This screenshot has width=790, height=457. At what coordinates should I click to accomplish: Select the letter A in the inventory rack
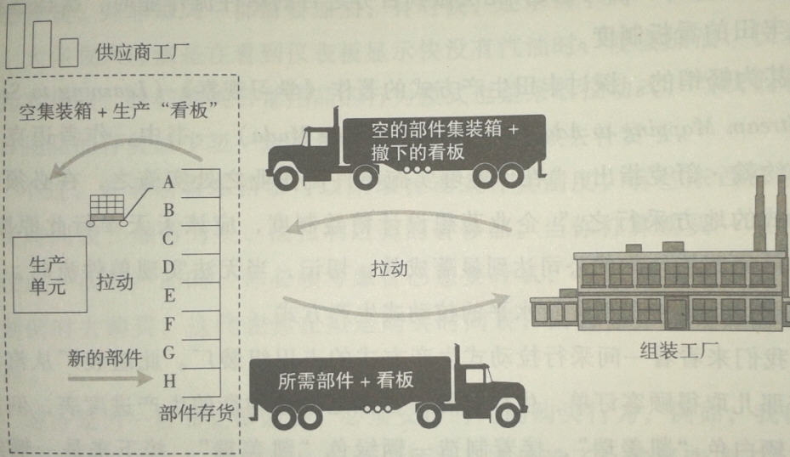pyautogui.click(x=168, y=181)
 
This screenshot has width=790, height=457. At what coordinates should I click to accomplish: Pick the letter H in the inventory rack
pyautogui.click(x=168, y=381)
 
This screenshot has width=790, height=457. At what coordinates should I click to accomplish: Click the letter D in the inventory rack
pyautogui.click(x=168, y=267)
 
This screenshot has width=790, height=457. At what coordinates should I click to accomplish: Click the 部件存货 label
pyautogui.click(x=196, y=414)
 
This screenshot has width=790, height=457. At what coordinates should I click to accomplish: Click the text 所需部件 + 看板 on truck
pyautogui.click(x=345, y=381)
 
